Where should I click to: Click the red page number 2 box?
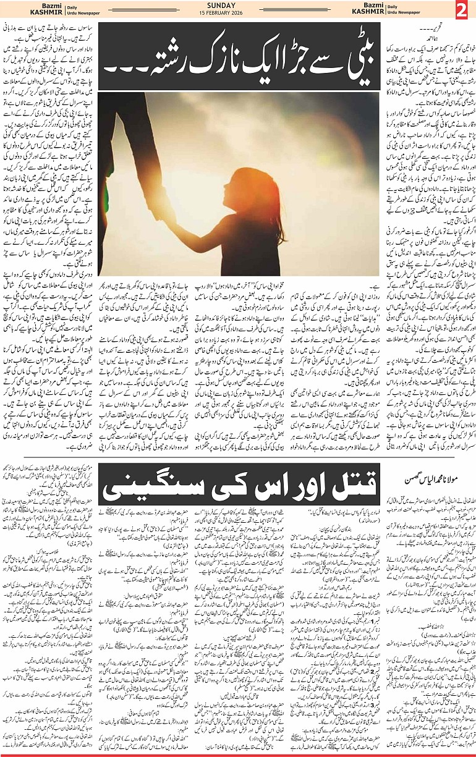[x=462, y=11]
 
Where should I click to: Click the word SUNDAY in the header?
[x=238, y=6]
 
